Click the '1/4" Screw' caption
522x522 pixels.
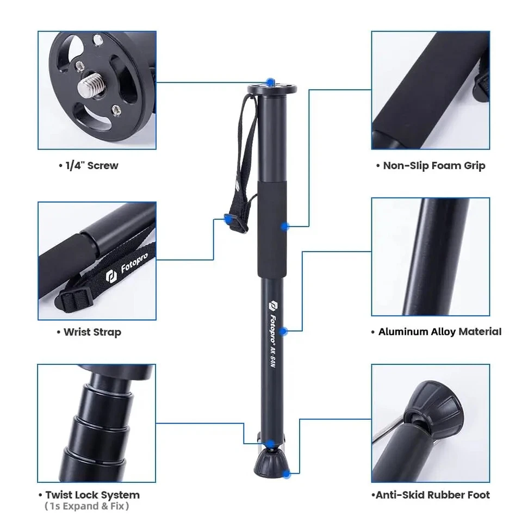pos(88,165)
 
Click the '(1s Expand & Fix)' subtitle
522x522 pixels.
pos(87,506)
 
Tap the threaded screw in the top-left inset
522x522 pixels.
pos(92,84)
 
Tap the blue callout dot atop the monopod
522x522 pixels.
pos(270,81)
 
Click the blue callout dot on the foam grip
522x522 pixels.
pos(284,225)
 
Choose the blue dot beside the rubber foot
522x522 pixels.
pos(287,474)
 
